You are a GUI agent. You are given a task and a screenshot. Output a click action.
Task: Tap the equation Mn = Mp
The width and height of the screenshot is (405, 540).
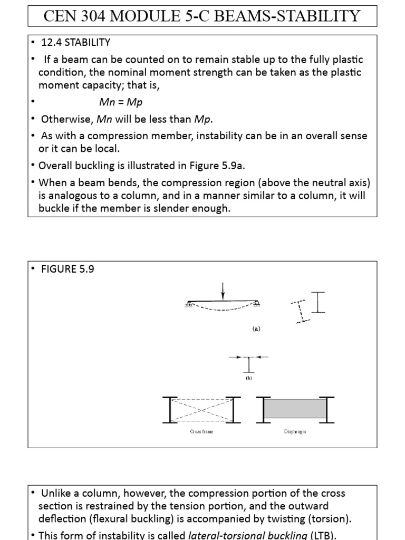[121, 102]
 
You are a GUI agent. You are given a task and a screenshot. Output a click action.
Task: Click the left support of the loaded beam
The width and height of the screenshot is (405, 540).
[188, 303]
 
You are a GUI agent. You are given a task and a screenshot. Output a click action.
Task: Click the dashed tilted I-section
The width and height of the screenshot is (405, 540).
[300, 311]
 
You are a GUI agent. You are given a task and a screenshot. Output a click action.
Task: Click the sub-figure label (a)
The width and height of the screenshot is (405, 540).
[256, 329]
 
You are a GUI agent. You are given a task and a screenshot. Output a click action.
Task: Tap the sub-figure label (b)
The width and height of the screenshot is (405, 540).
[249, 378]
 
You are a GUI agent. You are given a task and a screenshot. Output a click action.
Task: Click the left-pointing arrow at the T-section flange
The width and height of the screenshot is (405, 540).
[263, 357]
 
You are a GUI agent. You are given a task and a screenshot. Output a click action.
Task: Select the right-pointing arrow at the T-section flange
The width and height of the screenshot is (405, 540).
[235, 357]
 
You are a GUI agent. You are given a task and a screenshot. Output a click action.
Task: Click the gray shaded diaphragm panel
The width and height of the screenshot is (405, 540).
[294, 409]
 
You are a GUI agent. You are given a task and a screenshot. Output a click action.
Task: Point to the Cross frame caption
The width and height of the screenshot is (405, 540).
[201, 431]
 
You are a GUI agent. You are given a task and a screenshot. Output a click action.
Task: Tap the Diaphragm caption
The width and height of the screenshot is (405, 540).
[294, 431]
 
